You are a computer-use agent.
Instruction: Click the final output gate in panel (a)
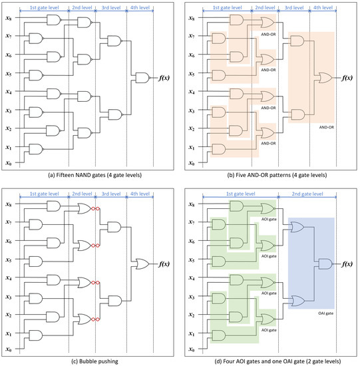(142, 79)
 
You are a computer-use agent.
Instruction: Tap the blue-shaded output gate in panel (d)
(325, 264)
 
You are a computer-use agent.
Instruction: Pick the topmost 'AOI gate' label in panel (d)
(269, 219)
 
